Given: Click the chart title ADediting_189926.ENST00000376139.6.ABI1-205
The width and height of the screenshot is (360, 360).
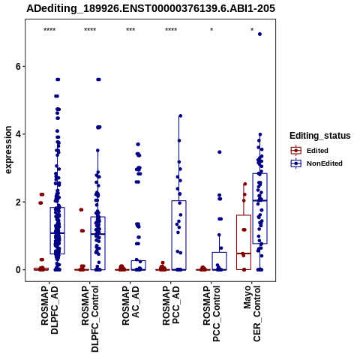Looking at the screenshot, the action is [151, 9].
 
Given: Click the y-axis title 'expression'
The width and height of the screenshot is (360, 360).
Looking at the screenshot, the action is [8, 150].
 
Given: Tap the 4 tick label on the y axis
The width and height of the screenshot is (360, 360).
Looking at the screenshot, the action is [19, 134].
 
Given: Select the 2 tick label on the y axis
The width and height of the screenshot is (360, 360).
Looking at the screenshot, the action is [19, 202].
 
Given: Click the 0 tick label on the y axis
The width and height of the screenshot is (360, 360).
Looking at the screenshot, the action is [19, 270].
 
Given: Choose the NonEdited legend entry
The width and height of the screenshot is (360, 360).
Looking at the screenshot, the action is [316, 163].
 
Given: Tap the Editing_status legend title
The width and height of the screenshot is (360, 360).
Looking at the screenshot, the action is [320, 136].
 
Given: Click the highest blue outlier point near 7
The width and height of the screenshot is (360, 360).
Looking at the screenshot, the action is [259, 34].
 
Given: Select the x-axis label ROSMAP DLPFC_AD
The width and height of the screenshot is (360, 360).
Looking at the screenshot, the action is [49, 310].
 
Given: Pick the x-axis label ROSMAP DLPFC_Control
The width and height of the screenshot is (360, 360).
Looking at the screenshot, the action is [90, 319].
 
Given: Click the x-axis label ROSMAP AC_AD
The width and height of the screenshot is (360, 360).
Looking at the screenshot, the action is [130, 305].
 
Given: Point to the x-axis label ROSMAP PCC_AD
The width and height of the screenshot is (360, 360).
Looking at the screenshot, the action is [171, 305].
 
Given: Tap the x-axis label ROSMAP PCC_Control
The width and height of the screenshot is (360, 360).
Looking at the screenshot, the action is [211, 313].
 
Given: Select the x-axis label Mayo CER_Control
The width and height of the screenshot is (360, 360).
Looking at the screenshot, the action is [252, 313].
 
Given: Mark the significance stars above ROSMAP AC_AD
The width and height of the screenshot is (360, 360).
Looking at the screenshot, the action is [130, 30].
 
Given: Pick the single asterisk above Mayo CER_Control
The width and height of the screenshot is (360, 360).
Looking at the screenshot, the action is [252, 30].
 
